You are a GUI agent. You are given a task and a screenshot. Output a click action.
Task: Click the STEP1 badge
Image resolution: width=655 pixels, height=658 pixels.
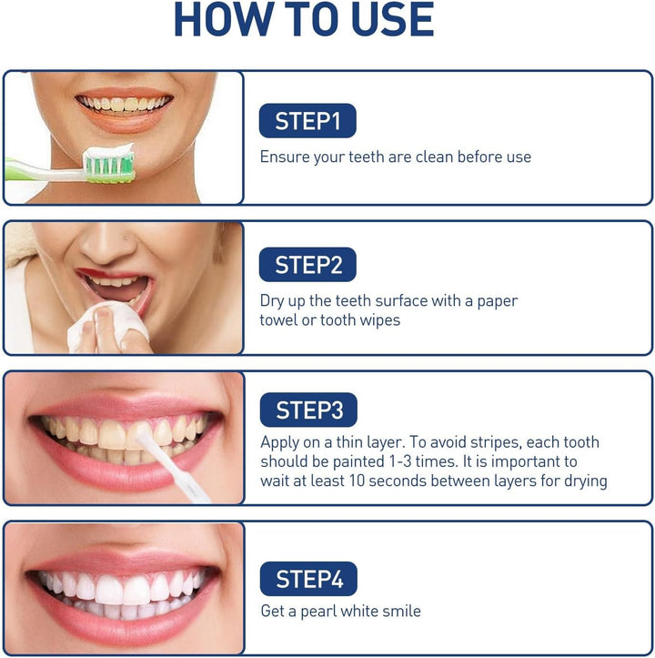[307, 121]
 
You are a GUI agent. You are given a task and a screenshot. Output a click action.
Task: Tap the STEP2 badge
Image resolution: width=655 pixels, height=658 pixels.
[307, 265]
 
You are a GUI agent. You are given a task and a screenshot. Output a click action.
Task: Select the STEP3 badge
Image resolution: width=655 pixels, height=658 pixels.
[307, 410]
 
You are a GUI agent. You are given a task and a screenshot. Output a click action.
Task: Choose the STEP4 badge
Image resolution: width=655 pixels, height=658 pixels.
[307, 579]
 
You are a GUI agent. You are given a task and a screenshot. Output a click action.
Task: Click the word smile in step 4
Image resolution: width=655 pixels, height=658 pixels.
[400, 611]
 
